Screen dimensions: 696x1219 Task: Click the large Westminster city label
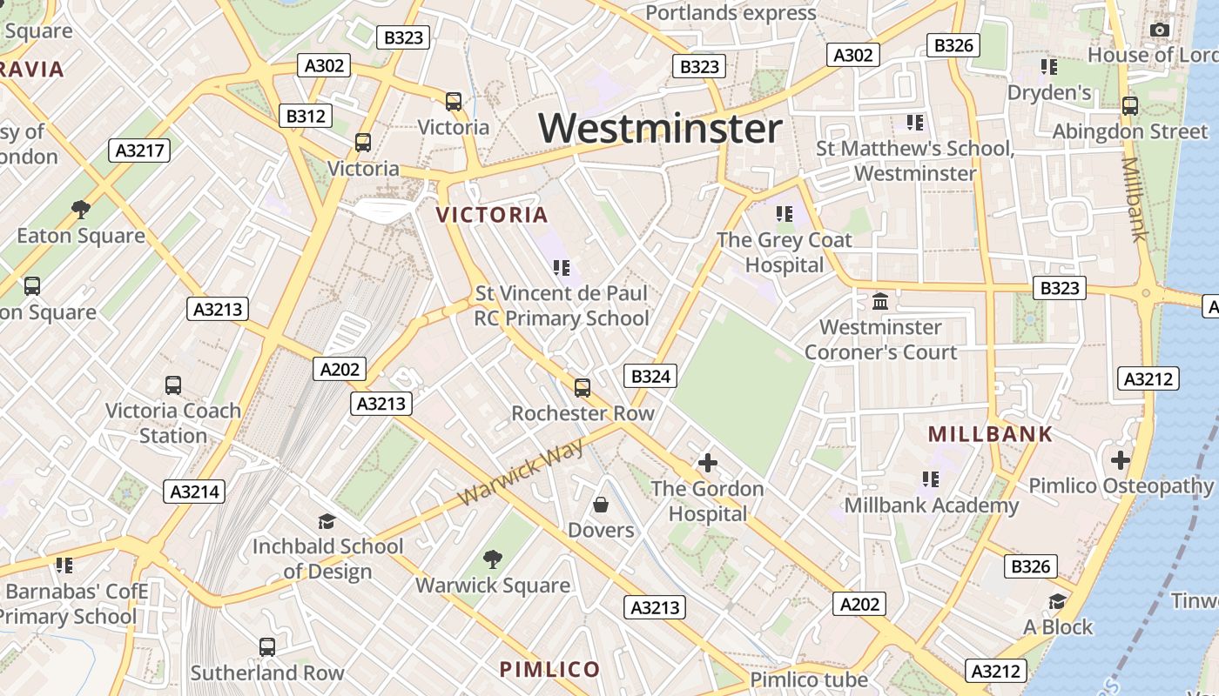pyautogui.click(x=660, y=129)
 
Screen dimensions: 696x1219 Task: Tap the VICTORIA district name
pyautogui.click(x=492, y=215)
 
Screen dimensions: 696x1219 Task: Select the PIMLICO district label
pyautogui.click(x=549, y=669)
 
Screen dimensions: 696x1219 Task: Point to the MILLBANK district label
pyautogui.click(x=990, y=434)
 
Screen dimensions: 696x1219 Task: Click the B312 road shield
pyautogui.click(x=306, y=116)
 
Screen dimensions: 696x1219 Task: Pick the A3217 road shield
pyautogui.click(x=140, y=151)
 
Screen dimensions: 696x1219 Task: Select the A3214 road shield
pyautogui.click(x=194, y=491)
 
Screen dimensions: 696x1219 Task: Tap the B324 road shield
pyautogui.click(x=650, y=376)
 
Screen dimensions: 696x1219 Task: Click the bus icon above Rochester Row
pyautogui.click(x=582, y=387)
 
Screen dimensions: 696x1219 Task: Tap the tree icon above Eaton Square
pyautogui.click(x=81, y=210)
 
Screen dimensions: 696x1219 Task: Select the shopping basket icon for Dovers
pyautogui.click(x=601, y=505)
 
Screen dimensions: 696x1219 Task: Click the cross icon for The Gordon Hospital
pyautogui.click(x=708, y=463)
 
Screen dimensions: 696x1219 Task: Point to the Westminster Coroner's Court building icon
pyautogui.click(x=880, y=302)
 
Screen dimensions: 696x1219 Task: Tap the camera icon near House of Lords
pyautogui.click(x=1159, y=30)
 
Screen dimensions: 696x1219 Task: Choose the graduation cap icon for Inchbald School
pyautogui.click(x=327, y=521)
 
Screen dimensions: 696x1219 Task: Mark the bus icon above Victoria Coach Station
pyautogui.click(x=173, y=385)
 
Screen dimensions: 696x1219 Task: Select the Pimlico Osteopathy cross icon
pyautogui.click(x=1121, y=459)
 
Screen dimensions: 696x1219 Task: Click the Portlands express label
pyautogui.click(x=731, y=13)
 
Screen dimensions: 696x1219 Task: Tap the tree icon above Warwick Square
pyautogui.click(x=493, y=559)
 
